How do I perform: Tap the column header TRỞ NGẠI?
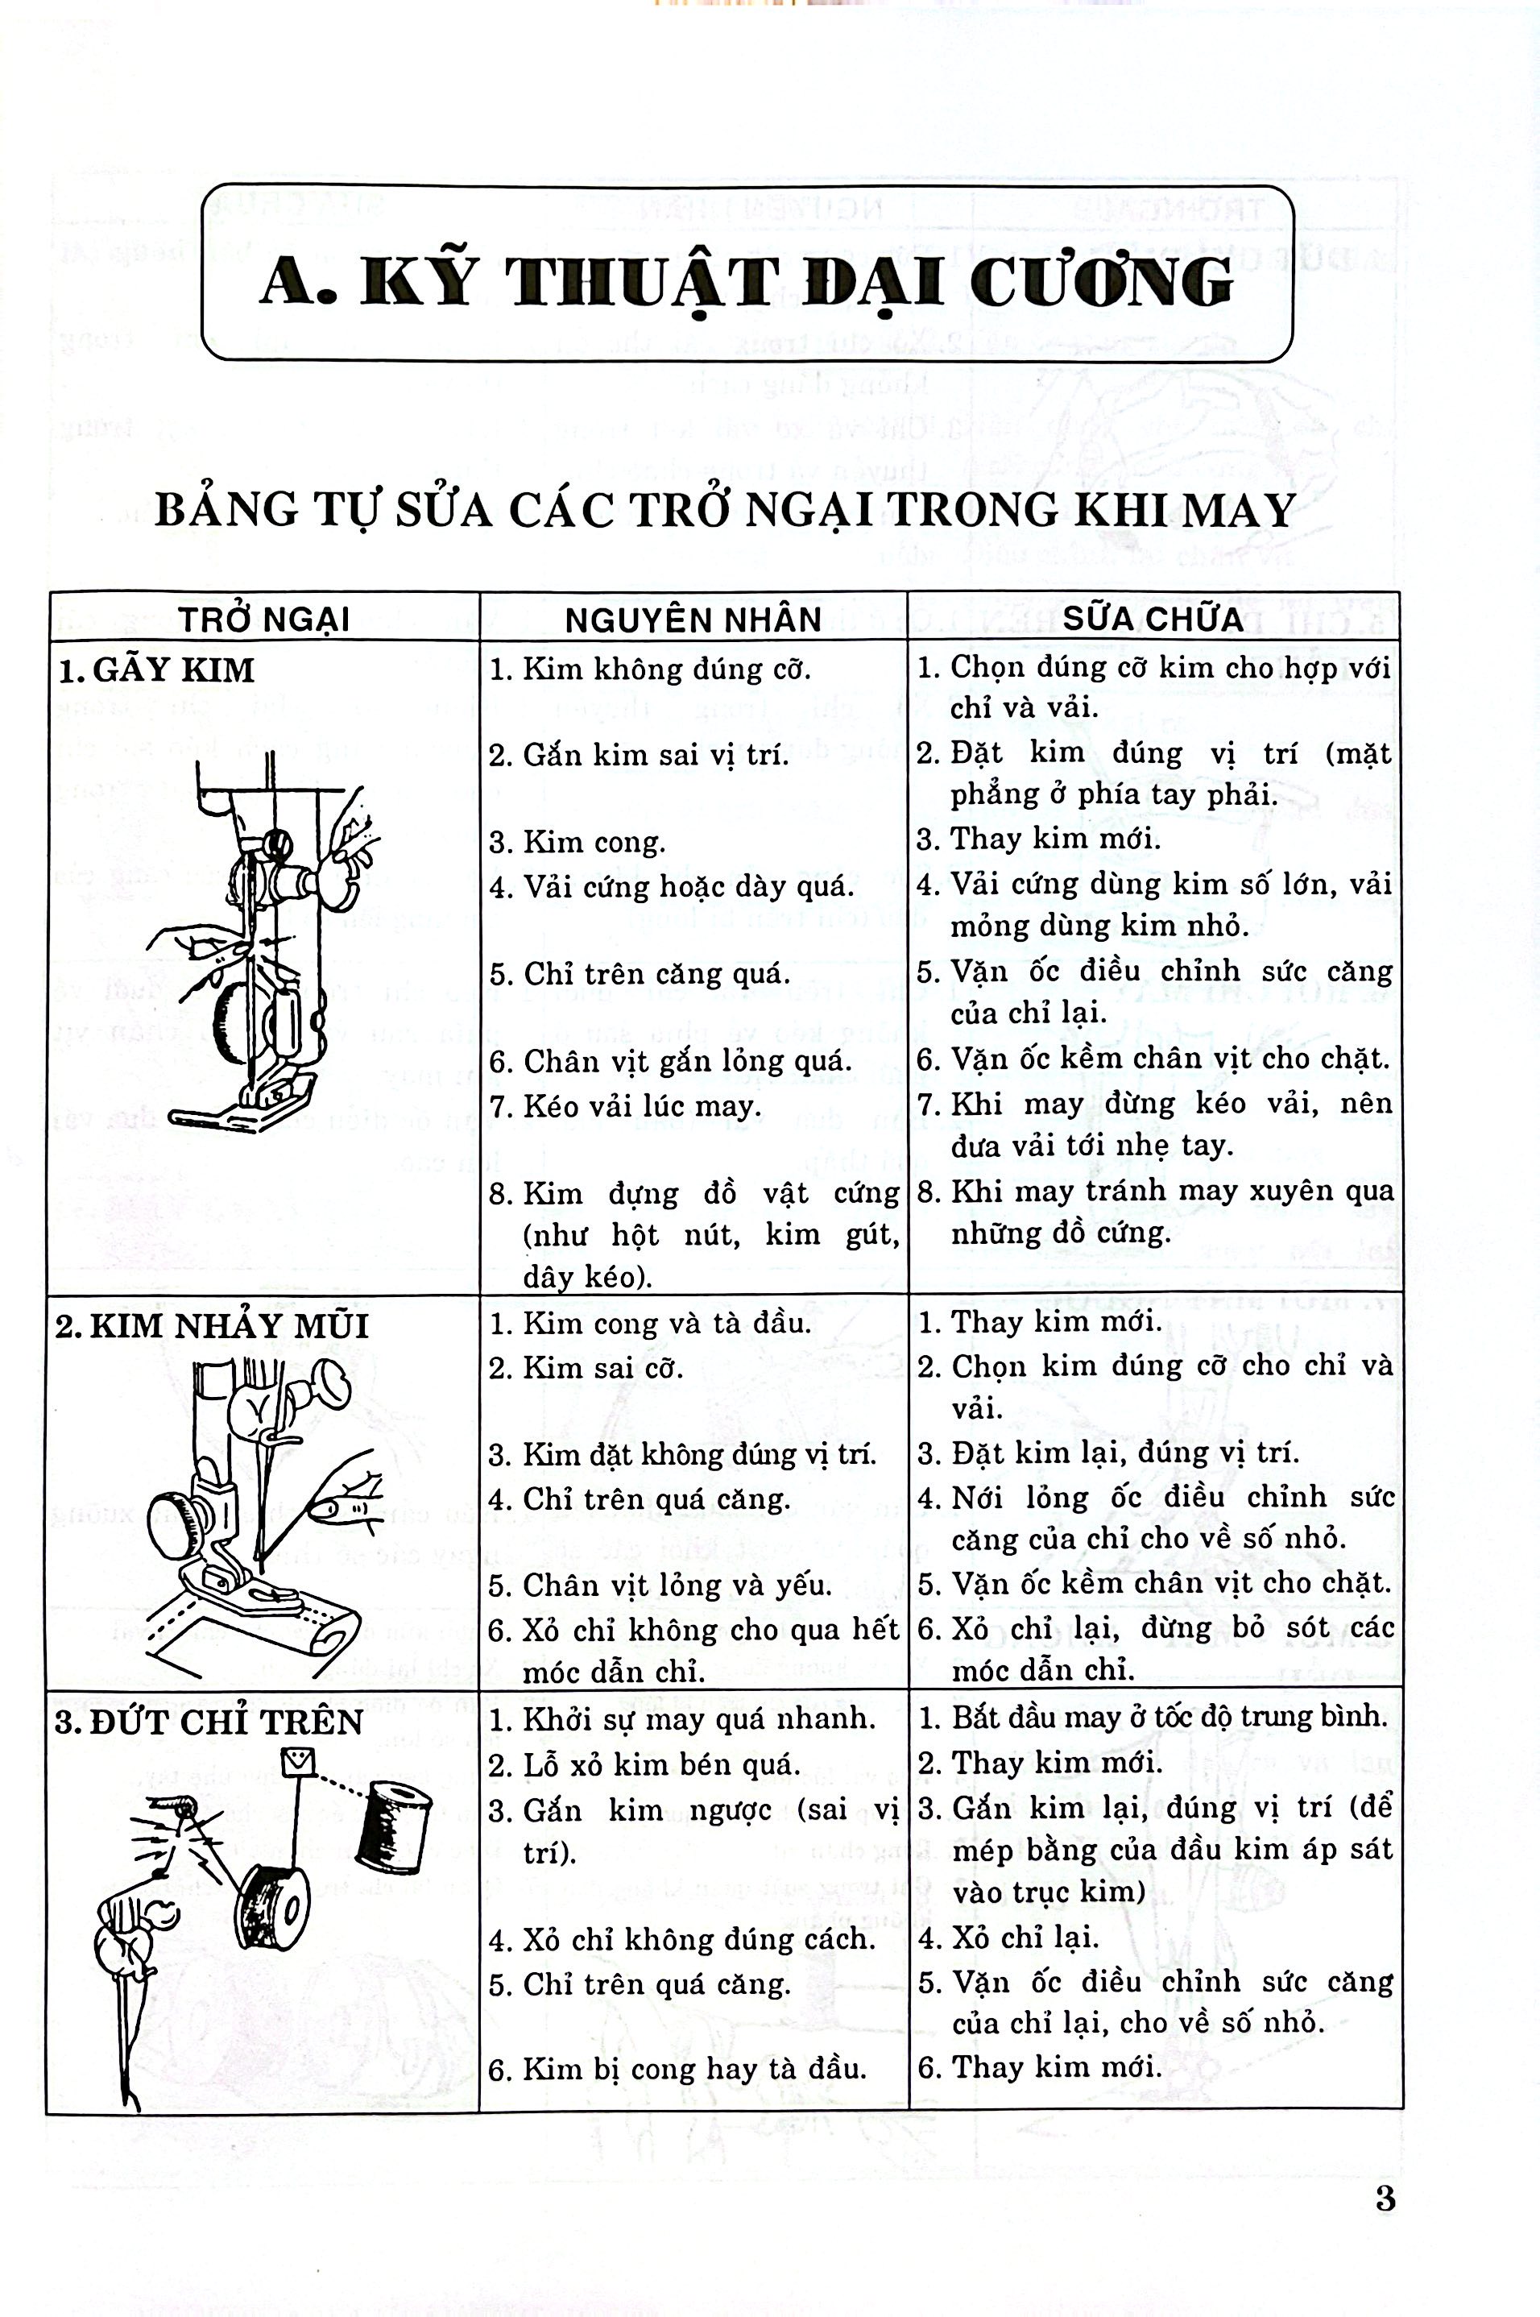[x=264, y=620]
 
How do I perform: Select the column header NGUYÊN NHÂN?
[x=693, y=620]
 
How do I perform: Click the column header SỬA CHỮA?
[x=1153, y=619]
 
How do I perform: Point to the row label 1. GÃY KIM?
[x=156, y=671]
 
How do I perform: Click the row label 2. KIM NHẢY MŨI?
[x=211, y=1326]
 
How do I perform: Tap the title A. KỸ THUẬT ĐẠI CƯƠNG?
[x=747, y=282]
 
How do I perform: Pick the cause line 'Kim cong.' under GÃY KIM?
[x=577, y=843]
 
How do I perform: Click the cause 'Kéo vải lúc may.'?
[x=626, y=1107]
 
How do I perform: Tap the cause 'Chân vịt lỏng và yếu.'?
[x=660, y=1585]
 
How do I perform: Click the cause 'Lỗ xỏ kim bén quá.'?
[x=644, y=1765]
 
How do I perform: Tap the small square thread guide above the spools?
[x=299, y=1763]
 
